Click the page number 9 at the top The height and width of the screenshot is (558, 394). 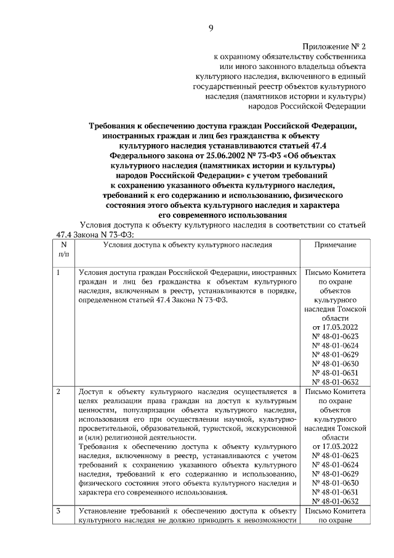click(211, 27)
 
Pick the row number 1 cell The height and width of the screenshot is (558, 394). click(58, 272)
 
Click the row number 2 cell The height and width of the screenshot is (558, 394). click(58, 392)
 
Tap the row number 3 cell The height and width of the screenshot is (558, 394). click(58, 511)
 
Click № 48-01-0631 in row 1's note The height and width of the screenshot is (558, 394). click(336, 372)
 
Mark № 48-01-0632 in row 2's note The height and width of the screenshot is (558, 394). click(336, 501)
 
